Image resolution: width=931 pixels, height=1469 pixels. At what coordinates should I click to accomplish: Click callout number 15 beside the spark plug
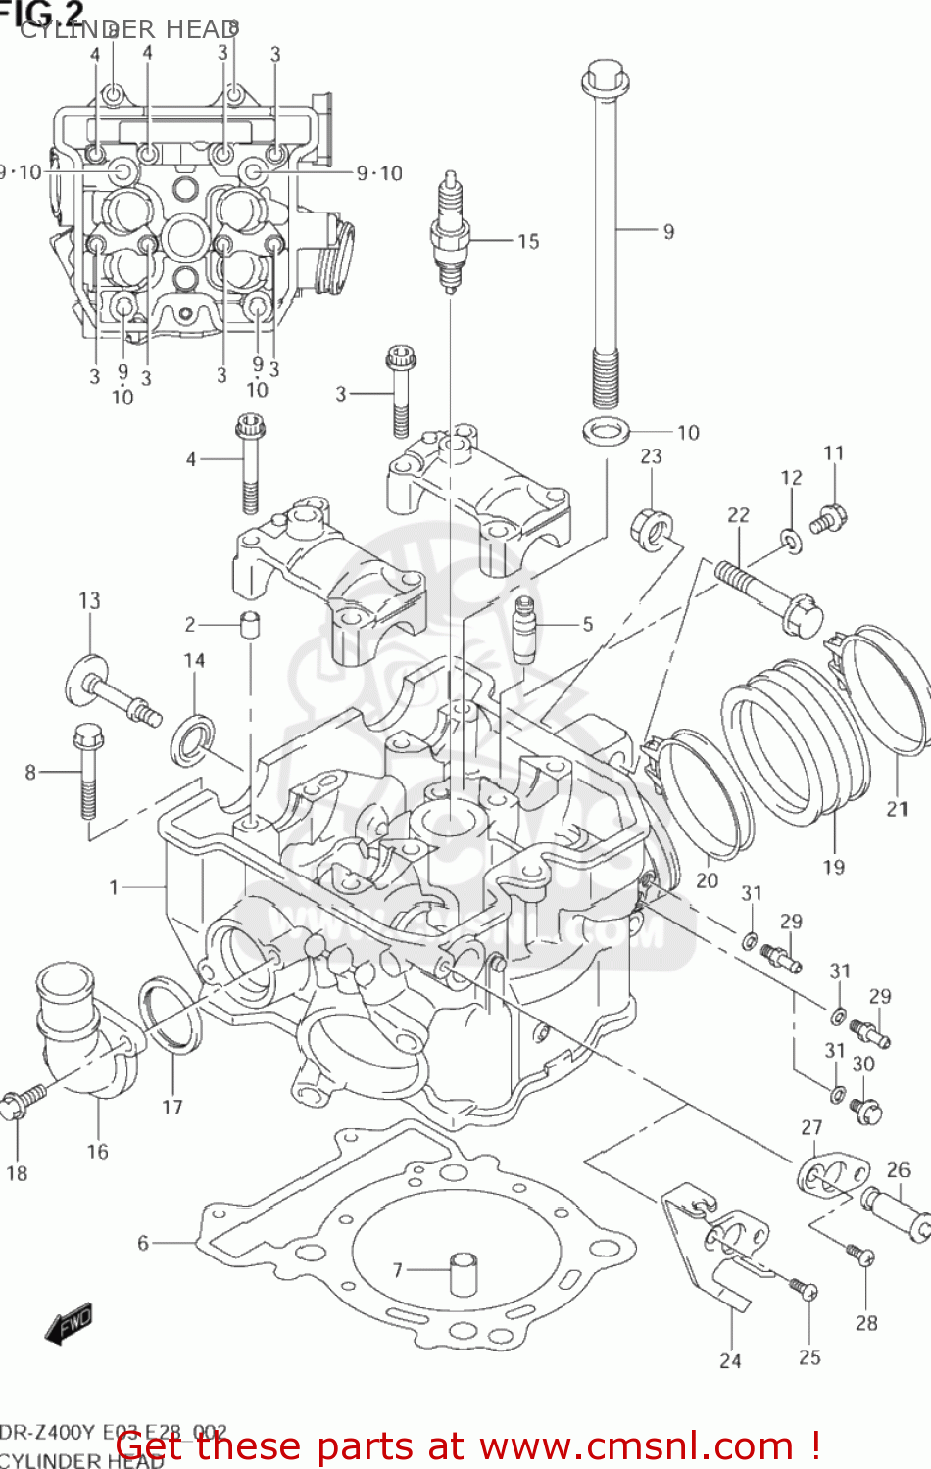[528, 241]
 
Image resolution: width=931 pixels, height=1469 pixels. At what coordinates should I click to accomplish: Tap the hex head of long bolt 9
[604, 78]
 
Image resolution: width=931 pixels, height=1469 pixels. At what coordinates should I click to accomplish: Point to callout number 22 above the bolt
[738, 514]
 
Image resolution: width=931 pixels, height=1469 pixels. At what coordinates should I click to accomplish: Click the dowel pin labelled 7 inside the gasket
[464, 1274]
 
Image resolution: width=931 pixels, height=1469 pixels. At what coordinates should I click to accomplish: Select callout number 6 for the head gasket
[143, 1243]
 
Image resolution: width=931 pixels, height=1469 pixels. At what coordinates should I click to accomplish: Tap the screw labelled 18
[22, 1101]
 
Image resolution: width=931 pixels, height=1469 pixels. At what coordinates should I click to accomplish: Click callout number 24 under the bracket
[730, 1360]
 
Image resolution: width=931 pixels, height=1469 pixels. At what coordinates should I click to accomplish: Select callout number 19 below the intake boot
[833, 867]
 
